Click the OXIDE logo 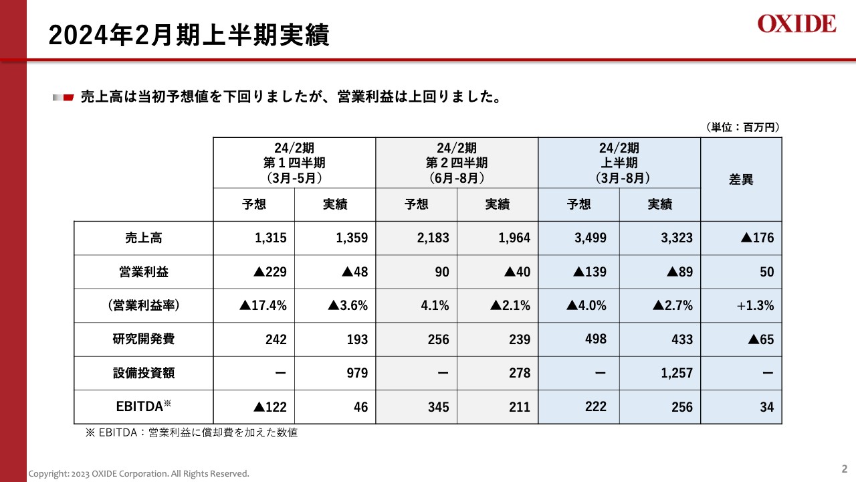click(796, 24)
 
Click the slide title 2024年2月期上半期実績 click(189, 35)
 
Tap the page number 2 click(844, 469)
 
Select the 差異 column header click(740, 179)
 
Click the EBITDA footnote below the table click(191, 433)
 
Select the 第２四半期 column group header click(457, 163)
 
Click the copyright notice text click(138, 474)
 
